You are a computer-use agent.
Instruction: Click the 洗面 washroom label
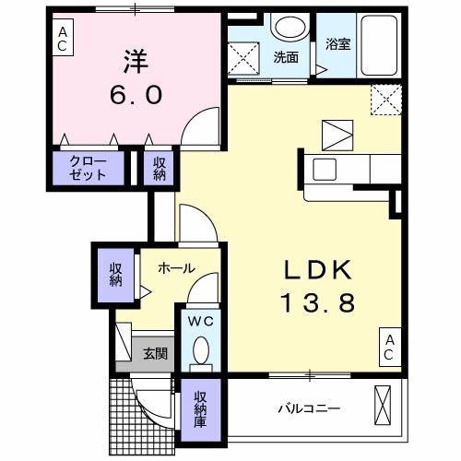(286, 57)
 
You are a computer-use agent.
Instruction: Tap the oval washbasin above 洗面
(290, 27)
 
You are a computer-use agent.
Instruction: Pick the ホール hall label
(175, 268)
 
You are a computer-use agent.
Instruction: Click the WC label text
(202, 322)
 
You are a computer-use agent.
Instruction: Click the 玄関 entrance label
(154, 352)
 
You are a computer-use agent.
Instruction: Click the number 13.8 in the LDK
(317, 301)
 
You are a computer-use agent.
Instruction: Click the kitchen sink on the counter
(325, 169)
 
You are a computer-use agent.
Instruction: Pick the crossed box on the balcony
(384, 405)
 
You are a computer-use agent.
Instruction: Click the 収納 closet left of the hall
(115, 274)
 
